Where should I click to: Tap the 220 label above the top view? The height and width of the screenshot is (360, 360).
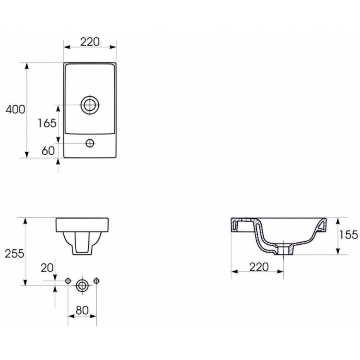click(x=90, y=41)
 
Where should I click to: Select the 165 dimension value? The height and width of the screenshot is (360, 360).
click(x=47, y=123)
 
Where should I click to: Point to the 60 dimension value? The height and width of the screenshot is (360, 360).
click(x=48, y=151)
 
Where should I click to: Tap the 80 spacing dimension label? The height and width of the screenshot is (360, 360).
click(x=82, y=310)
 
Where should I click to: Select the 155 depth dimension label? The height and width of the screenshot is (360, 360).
click(x=348, y=235)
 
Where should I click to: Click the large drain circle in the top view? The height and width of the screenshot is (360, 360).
click(x=90, y=105)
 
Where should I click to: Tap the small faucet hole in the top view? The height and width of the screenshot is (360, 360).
click(x=90, y=144)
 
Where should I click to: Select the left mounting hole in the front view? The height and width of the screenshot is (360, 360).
click(x=68, y=281)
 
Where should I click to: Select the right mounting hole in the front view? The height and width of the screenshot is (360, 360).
click(x=96, y=281)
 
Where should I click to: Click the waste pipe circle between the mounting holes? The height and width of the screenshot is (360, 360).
click(x=82, y=285)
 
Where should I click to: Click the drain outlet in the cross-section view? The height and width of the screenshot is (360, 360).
click(x=283, y=250)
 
